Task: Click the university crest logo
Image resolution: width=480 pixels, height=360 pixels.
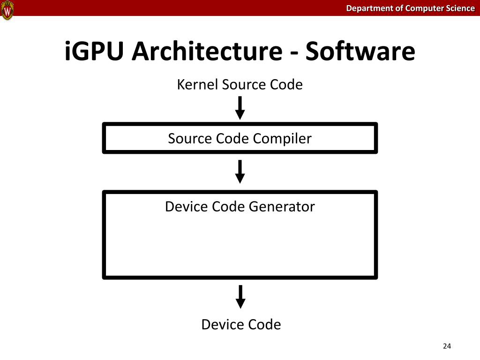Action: (x=7, y=10)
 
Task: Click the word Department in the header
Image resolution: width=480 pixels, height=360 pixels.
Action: (x=367, y=8)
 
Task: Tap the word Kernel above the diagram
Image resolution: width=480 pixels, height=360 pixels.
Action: (x=197, y=85)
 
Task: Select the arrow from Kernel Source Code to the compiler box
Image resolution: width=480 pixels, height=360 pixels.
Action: (x=240, y=107)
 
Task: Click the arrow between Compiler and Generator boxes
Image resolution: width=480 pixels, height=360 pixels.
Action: (x=240, y=171)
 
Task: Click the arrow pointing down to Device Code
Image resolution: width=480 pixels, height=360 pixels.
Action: (x=240, y=296)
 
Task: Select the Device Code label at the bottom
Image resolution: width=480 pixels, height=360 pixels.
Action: (x=241, y=324)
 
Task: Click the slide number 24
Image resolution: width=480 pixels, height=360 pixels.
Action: (x=446, y=346)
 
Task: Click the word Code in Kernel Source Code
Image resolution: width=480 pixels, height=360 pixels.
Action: (x=286, y=85)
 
